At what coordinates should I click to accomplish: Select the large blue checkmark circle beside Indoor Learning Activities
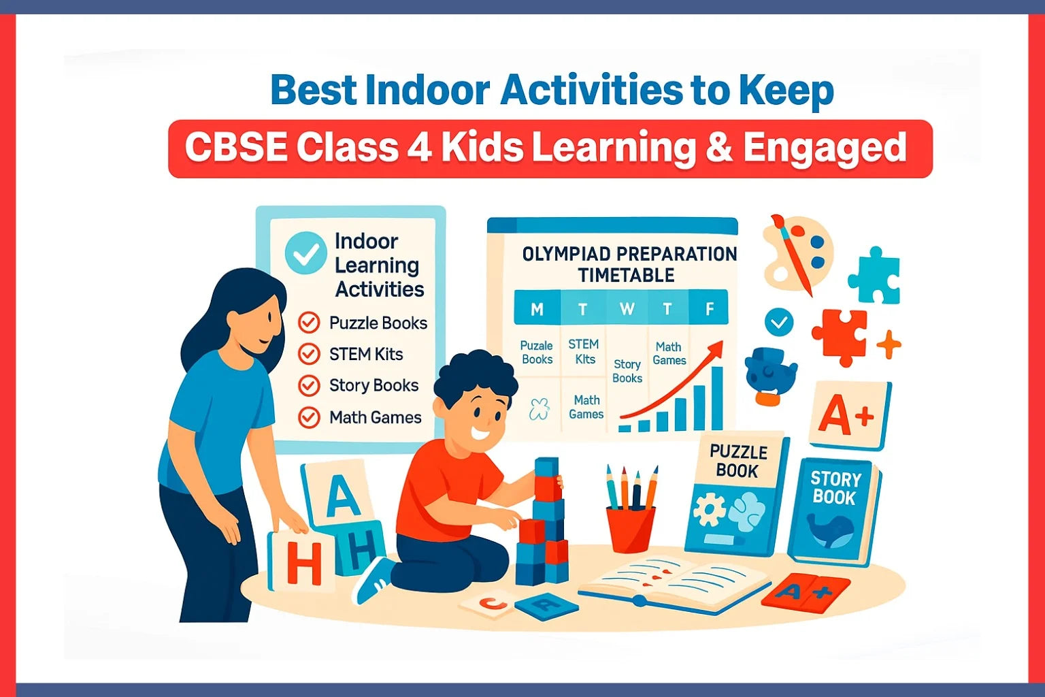[305, 253]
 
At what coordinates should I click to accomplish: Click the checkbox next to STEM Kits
[309, 354]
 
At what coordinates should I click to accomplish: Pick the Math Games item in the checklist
[375, 417]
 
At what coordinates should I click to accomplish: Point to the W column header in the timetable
[627, 310]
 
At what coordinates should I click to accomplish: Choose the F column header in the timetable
[710, 310]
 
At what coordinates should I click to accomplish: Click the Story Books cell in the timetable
[627, 371]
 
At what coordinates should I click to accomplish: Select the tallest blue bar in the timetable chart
[716, 399]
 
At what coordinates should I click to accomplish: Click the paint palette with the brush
[796, 252]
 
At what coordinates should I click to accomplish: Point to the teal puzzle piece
[875, 276]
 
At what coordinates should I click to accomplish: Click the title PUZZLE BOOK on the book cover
[738, 461]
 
